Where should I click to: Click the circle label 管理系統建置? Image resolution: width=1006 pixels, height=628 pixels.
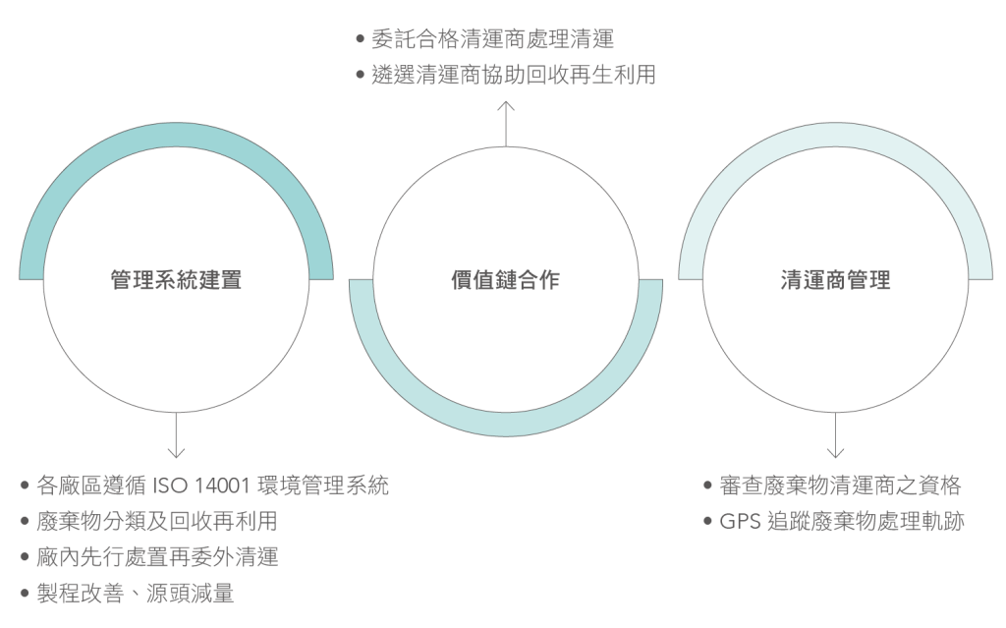point(176,280)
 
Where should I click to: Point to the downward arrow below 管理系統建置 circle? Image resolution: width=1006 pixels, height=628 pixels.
point(177,437)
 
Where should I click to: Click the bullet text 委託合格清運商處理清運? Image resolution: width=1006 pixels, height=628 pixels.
point(492,39)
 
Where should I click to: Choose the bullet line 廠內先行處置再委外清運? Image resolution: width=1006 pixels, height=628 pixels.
point(156,557)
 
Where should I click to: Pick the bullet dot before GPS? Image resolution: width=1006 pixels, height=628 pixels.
point(710,522)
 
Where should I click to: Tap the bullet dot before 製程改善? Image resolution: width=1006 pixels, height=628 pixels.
point(23,594)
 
